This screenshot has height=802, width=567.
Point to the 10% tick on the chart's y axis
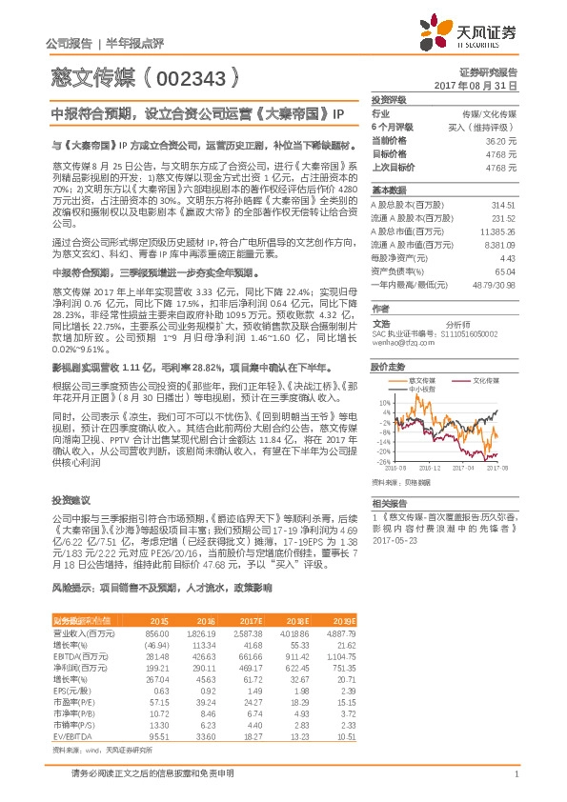[383, 402]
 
